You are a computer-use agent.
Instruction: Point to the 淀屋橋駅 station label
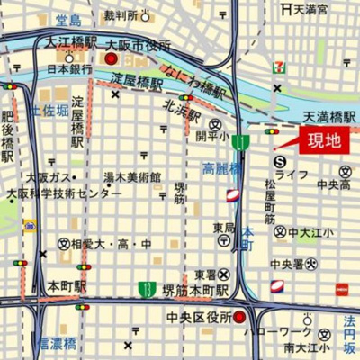tap(137, 81)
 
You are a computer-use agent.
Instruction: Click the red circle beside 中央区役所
tap(239, 317)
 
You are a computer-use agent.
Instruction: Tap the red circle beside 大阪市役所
tap(112, 58)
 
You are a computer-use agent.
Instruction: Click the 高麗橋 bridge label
tap(220, 168)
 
